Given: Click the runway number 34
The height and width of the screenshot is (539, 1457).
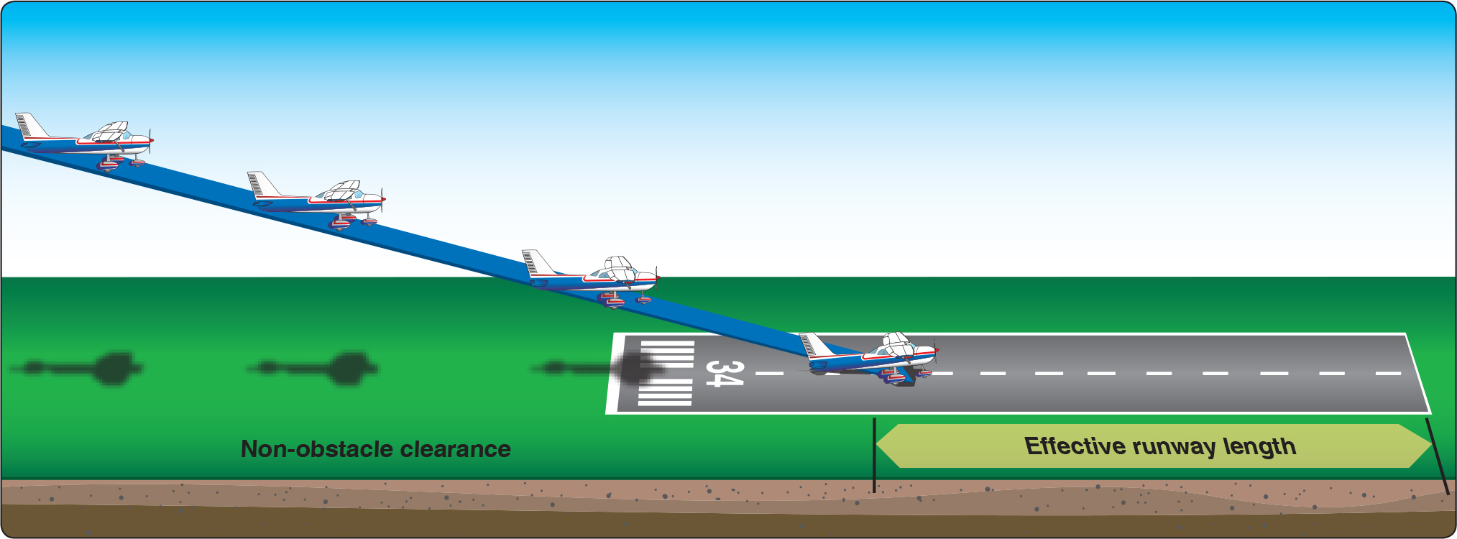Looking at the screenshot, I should (723, 374).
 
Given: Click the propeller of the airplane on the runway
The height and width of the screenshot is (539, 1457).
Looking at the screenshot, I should (935, 350).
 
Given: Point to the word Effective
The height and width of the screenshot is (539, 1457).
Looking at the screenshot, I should (1075, 446).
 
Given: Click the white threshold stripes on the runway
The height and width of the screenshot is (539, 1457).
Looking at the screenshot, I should (666, 374).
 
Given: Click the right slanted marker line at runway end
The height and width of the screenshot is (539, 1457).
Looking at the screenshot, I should (1437, 456).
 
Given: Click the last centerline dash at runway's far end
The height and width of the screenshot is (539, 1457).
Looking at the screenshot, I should (1388, 374).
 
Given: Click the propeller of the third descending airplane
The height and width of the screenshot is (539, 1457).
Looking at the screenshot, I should (656, 276).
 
